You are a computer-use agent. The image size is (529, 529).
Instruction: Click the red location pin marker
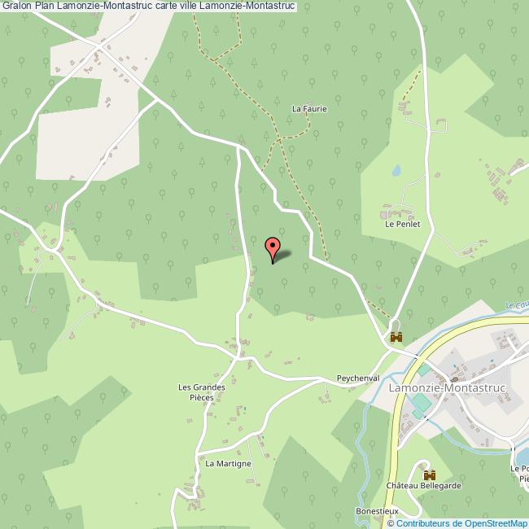[273, 247]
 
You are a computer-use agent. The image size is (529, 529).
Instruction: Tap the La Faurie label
[309, 108]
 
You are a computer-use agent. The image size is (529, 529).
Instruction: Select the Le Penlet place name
[403, 224]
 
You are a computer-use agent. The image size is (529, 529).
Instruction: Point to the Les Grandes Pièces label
[202, 392]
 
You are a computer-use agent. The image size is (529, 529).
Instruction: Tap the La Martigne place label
[228, 464]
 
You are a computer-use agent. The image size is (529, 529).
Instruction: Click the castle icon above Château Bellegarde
[429, 474]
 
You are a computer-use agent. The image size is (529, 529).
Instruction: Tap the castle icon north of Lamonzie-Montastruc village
[396, 337]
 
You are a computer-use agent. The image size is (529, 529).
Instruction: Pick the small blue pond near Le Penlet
[396, 171]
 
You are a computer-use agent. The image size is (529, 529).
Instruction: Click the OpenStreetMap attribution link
[491, 523]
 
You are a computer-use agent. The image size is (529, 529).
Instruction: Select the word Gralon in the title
[16, 7]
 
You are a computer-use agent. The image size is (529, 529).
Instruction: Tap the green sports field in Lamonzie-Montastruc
[420, 404]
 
